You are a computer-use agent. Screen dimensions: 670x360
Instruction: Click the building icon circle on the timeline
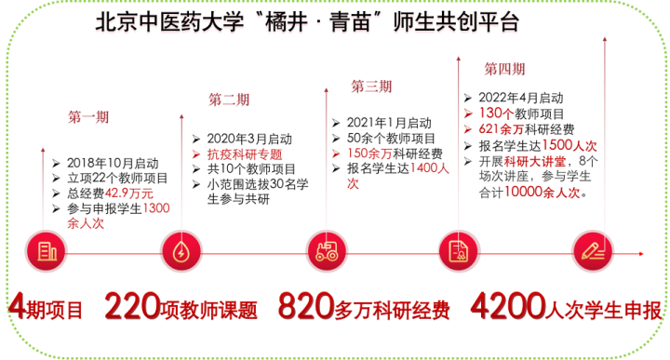47,251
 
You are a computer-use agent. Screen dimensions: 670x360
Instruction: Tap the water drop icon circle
181,251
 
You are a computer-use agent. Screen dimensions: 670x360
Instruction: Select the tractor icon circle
327,251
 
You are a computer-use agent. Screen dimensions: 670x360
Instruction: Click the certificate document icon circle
459,251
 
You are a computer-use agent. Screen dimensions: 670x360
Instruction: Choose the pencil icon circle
593,251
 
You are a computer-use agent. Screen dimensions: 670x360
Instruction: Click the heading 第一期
88,117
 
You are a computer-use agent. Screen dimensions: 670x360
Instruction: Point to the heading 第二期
229,100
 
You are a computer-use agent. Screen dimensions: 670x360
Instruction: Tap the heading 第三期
371,87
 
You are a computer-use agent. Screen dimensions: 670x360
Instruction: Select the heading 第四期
504,69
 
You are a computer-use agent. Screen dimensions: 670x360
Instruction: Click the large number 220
132,306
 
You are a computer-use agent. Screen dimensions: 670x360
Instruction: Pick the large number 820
306,306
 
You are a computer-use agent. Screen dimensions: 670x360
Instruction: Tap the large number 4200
508,306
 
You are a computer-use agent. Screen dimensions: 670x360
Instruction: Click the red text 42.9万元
129,193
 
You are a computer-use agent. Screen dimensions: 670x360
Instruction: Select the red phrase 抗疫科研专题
245,154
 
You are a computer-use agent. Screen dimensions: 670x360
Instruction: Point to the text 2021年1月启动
389,123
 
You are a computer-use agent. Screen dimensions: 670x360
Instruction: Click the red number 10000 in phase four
523,192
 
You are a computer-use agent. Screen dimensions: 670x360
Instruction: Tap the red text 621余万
502,129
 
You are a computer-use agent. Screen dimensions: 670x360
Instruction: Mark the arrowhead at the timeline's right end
641,254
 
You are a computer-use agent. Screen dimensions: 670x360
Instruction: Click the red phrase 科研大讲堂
535,162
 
